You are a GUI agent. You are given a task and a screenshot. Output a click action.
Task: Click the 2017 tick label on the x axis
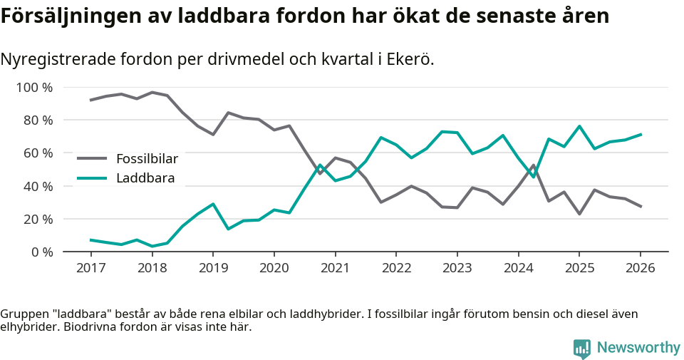tap(90, 268)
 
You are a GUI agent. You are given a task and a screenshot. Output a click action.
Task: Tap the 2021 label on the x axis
tap(335, 268)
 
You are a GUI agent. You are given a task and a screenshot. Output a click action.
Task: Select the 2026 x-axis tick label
tap(640, 268)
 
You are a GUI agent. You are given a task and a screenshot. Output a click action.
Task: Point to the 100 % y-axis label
tap(35, 88)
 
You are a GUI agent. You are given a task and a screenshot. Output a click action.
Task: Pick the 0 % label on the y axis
tap(41, 252)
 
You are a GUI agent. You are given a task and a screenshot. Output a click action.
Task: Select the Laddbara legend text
tap(145, 178)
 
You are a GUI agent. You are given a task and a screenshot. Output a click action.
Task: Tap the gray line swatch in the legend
tap(92, 158)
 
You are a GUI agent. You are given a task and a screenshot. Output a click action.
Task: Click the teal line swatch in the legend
tap(92, 178)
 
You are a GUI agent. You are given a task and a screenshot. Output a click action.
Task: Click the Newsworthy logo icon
tap(581, 348)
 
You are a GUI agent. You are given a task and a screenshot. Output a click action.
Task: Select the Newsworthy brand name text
tap(638, 348)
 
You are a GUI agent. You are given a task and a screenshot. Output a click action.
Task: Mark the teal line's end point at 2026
tap(641, 134)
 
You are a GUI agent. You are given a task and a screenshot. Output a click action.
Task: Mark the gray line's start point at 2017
tap(90, 100)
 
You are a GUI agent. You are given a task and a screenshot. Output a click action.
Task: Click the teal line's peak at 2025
tap(579, 126)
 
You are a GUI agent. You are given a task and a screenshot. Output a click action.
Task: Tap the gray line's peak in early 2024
tap(534, 165)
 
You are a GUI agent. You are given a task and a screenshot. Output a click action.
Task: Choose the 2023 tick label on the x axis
tap(457, 268)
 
